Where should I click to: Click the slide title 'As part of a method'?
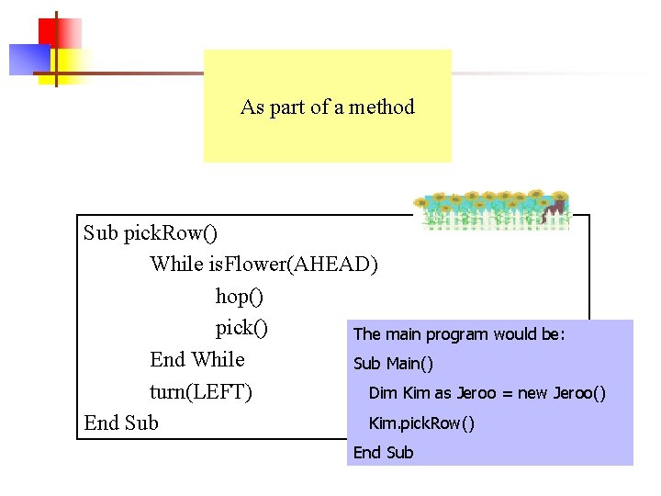pyautogui.click(x=327, y=107)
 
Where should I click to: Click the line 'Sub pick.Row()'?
pyautogui.click(x=151, y=232)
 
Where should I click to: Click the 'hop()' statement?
pyautogui.click(x=239, y=297)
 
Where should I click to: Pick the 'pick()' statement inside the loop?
pyautogui.click(x=241, y=328)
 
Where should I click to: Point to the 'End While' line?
pyautogui.click(x=197, y=359)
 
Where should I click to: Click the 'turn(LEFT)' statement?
pyautogui.click(x=201, y=391)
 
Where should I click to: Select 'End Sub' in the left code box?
pyautogui.click(x=121, y=423)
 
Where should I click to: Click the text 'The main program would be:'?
pyautogui.click(x=459, y=334)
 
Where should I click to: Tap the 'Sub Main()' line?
pyautogui.click(x=393, y=364)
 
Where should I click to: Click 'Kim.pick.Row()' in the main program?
pyautogui.click(x=421, y=423)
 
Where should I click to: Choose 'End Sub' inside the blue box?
pyautogui.click(x=383, y=453)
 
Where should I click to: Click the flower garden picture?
pyautogui.click(x=491, y=210)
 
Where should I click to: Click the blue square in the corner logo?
pyautogui.click(x=28, y=59)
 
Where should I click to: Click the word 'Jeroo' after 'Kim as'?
pyautogui.click(x=476, y=393)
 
